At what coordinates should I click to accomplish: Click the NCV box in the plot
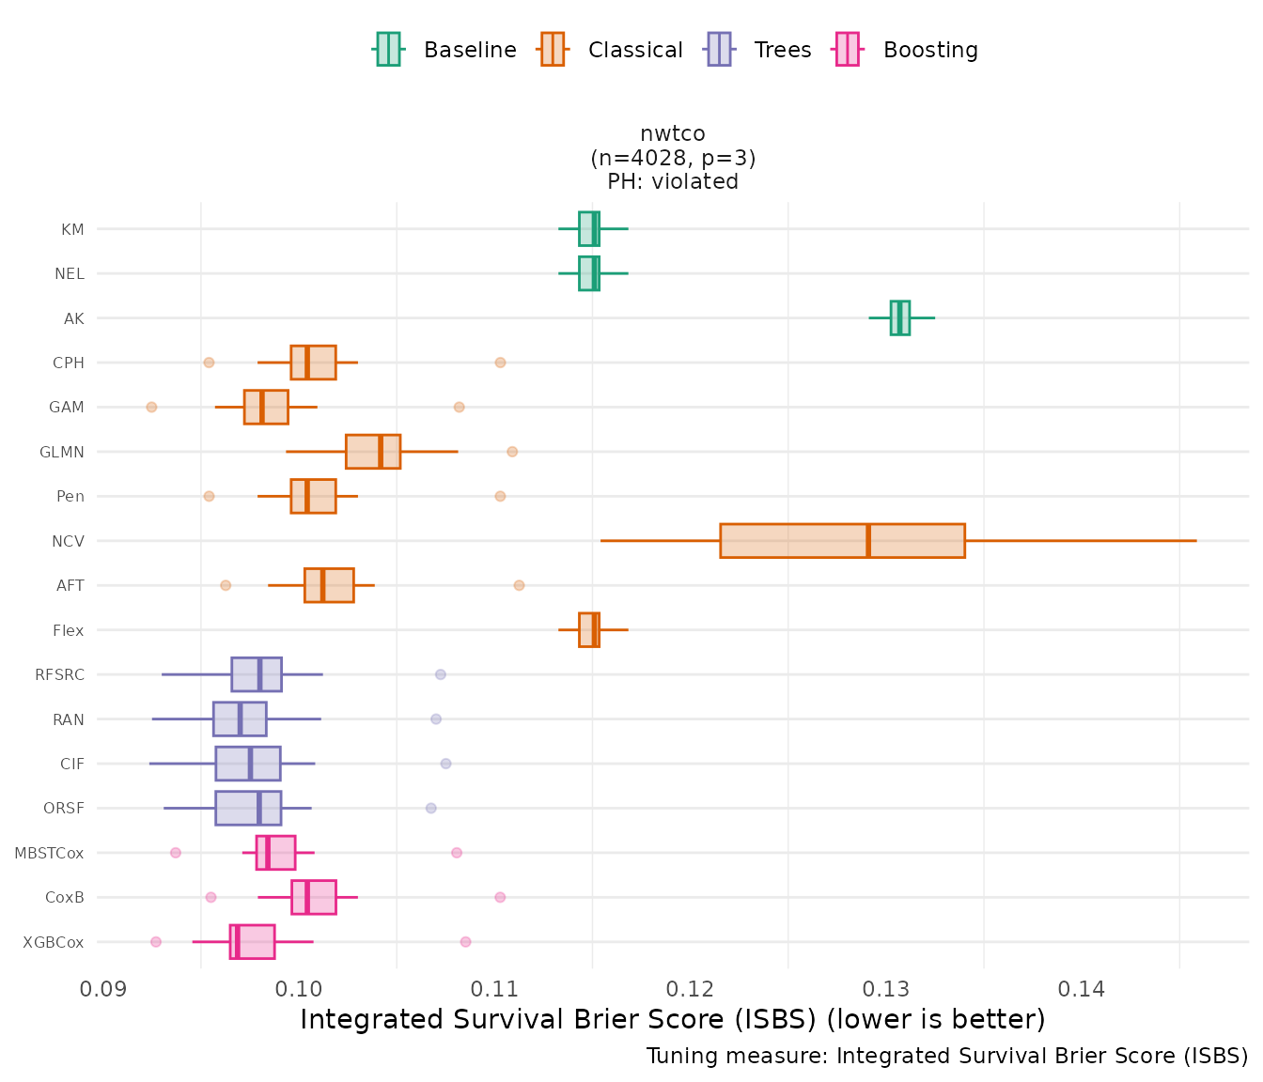point(842,541)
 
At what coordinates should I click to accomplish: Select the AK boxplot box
point(899,317)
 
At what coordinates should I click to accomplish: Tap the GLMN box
point(372,452)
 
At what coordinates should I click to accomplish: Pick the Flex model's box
point(588,630)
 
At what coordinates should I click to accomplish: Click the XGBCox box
point(252,942)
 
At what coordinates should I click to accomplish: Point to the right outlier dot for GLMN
point(512,452)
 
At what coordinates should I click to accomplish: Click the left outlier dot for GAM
point(151,407)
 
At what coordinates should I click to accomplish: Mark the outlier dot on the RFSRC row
point(440,674)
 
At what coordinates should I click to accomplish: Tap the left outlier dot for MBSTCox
point(176,853)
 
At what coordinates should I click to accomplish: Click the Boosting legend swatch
point(848,50)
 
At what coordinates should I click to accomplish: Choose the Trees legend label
point(782,50)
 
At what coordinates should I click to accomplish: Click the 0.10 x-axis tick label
point(300,989)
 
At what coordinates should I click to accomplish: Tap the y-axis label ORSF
point(64,808)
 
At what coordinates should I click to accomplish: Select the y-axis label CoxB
point(65,897)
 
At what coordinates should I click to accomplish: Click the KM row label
point(72,229)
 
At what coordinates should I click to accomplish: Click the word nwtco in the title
point(673,133)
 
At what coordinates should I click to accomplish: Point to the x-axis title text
point(673,1019)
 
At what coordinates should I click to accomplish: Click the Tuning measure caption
point(947,1056)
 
